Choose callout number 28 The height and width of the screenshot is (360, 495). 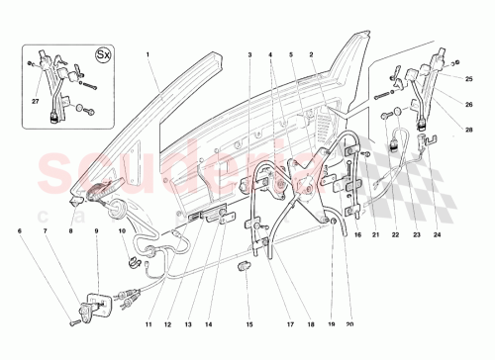tap(469, 127)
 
